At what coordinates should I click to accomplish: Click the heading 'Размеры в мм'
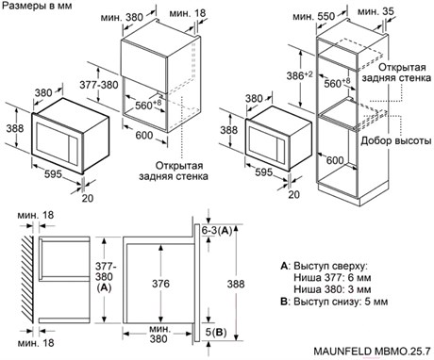pos(37,6)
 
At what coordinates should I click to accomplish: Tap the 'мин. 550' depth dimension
pos(314,16)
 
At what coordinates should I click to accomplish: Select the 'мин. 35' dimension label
pos(376,11)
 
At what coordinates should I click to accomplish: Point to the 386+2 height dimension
pos(300,75)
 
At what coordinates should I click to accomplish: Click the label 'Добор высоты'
pos(396,140)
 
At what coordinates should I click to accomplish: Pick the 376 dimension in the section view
pos(160,284)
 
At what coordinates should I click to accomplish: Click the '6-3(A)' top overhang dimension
pos(217,231)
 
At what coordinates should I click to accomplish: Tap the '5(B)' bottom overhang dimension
pos(216,332)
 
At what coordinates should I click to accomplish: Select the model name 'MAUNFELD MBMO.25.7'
pos(372,351)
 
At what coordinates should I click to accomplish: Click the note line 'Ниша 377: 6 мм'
pos(332,278)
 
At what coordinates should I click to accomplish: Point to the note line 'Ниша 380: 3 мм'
pos(332,289)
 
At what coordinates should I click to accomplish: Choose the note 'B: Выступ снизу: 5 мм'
pos(334,302)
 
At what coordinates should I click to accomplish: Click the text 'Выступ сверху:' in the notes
pos(330,266)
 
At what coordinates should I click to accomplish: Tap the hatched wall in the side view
pos(27,279)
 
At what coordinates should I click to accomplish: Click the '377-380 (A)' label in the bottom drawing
pos(105,277)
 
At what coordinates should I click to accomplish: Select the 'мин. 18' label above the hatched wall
pos(36,215)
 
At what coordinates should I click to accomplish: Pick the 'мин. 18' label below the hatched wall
pos(36,343)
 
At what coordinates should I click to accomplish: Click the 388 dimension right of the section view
pos(236,284)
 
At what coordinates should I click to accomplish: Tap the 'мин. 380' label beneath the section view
pos(159,334)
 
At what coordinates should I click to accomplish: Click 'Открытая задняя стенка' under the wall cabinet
pos(174,171)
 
